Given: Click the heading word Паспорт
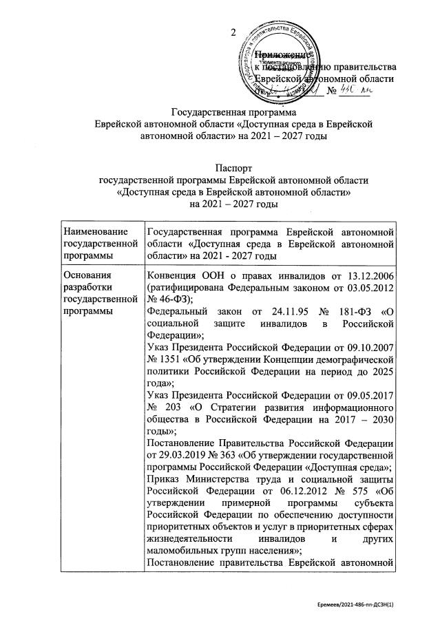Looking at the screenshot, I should point(234,167).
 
